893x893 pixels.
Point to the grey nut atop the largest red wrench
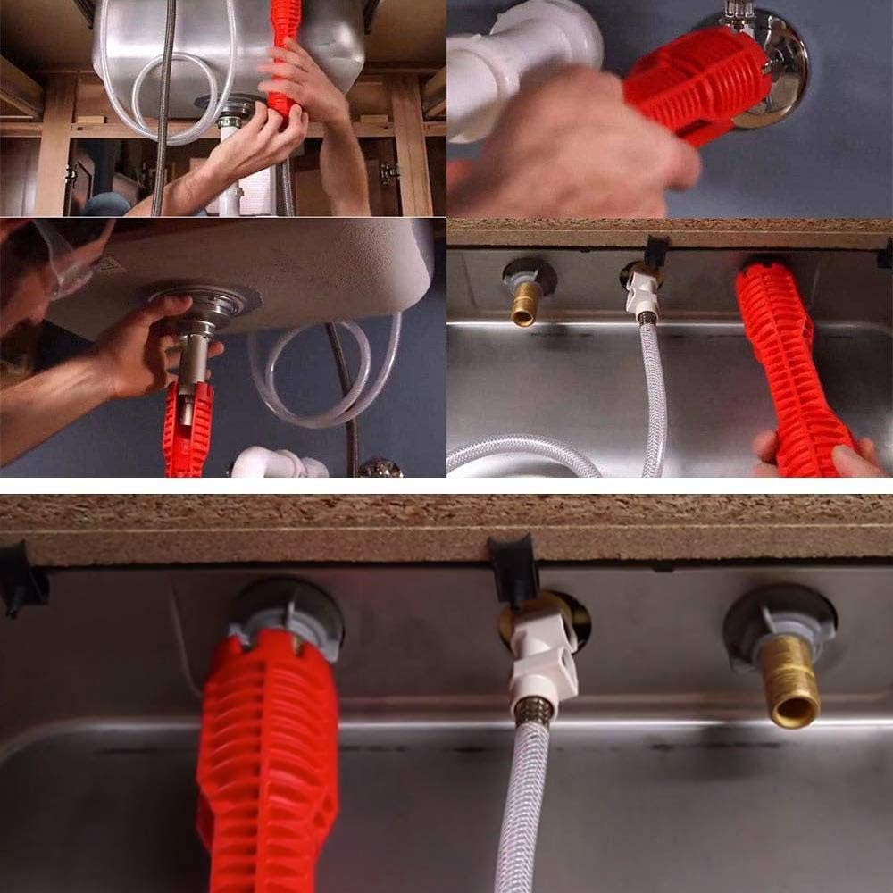pos(286,621)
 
